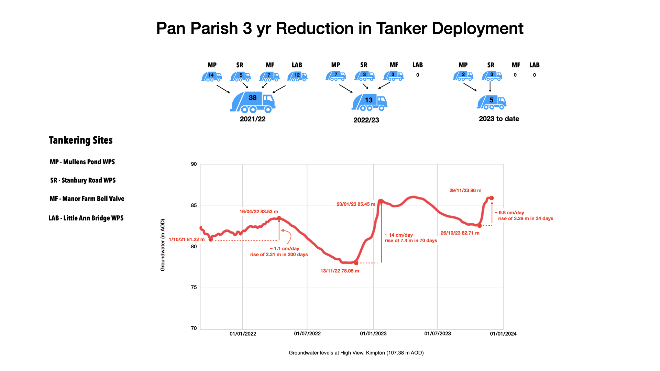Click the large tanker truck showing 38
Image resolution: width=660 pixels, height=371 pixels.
pos(253,102)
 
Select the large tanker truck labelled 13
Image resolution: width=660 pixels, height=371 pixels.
pos(369,102)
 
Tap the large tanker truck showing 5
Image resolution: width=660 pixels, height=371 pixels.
pos(492,102)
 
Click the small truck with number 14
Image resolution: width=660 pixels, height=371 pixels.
pos(211,76)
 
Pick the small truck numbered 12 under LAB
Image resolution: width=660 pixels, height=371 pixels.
pos(297,76)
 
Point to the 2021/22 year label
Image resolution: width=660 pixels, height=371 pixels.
pos(253,119)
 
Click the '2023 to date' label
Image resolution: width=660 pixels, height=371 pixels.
pos(499,119)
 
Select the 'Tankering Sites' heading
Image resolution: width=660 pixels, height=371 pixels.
pos(81,140)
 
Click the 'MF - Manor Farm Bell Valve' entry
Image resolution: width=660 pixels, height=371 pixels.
pos(87,199)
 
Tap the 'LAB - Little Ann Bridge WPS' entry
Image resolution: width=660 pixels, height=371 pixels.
pos(86,218)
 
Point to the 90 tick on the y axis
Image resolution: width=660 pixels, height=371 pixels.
pos(194,164)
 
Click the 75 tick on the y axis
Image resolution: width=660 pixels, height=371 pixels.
pos(194,287)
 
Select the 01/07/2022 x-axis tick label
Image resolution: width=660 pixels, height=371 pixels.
pos(307,334)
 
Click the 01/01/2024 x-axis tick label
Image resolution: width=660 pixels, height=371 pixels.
pos(503,334)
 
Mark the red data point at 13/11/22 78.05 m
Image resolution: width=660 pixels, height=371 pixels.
pos(356,263)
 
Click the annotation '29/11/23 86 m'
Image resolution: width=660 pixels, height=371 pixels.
pos(465,190)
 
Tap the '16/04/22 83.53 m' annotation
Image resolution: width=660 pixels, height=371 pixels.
pos(258,212)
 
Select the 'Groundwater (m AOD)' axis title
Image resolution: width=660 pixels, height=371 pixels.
pos(163,245)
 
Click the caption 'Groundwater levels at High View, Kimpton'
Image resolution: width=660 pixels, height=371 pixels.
pos(356,353)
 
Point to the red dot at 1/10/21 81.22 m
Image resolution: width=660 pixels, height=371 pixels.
pos(211,240)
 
